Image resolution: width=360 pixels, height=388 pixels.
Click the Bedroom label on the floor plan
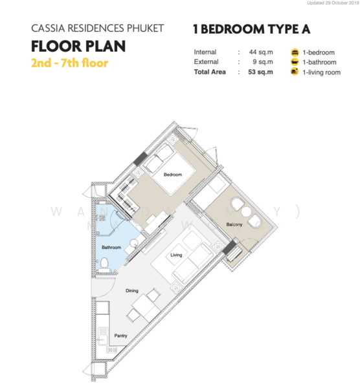click(x=172, y=175)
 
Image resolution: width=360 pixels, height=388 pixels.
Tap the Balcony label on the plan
click(x=234, y=224)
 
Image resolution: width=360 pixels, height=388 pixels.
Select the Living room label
click(x=176, y=255)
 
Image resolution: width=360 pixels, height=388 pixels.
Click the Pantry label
click(x=120, y=336)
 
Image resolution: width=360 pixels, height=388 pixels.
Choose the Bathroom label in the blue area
click(x=111, y=247)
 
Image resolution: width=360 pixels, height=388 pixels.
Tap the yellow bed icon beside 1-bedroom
click(x=295, y=51)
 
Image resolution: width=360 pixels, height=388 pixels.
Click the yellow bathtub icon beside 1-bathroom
click(x=295, y=61)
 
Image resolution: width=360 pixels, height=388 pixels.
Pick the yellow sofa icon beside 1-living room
click(x=295, y=72)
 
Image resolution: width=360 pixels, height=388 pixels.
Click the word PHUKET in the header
click(x=145, y=28)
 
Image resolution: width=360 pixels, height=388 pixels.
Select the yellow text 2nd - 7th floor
click(x=69, y=63)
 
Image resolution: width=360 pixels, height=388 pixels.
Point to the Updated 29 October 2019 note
click(x=326, y=5)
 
